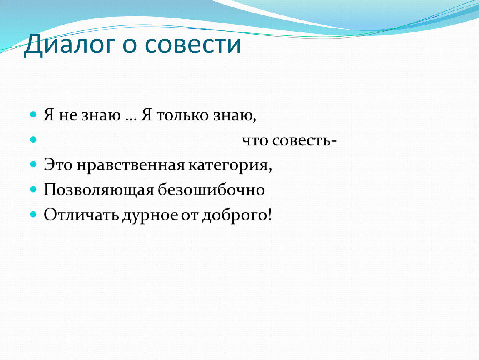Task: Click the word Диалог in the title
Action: click(x=69, y=45)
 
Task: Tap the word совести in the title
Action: click(x=193, y=45)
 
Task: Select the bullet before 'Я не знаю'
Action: click(x=33, y=115)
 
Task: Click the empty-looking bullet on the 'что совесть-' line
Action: click(x=33, y=140)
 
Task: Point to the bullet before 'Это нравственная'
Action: click(x=33, y=165)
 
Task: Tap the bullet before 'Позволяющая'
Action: click(x=33, y=189)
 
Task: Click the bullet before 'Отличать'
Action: click(x=33, y=214)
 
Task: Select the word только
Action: click(x=183, y=115)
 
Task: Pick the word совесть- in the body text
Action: click(x=304, y=141)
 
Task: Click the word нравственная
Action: click(x=130, y=165)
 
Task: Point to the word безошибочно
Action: click(x=211, y=190)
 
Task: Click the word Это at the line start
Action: click(x=58, y=165)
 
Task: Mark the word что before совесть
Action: click(x=255, y=141)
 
